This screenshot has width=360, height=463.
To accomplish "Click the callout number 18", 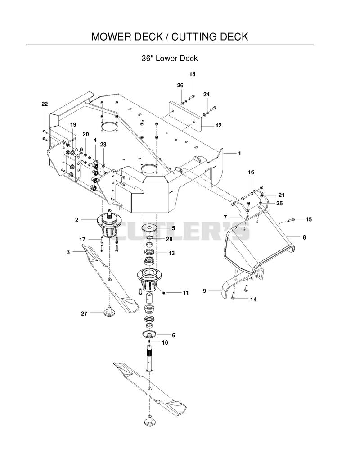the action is click(193, 74).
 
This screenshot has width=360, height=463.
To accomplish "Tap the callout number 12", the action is click(218, 126).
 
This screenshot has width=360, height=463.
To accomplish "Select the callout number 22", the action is click(45, 104).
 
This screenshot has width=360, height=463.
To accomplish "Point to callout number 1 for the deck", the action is click(239, 153).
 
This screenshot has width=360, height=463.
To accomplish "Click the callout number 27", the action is click(85, 313).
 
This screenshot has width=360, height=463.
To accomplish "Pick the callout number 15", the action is click(309, 219).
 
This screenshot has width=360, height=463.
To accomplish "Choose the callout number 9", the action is click(204, 291).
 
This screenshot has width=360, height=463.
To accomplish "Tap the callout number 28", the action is click(169, 239).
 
